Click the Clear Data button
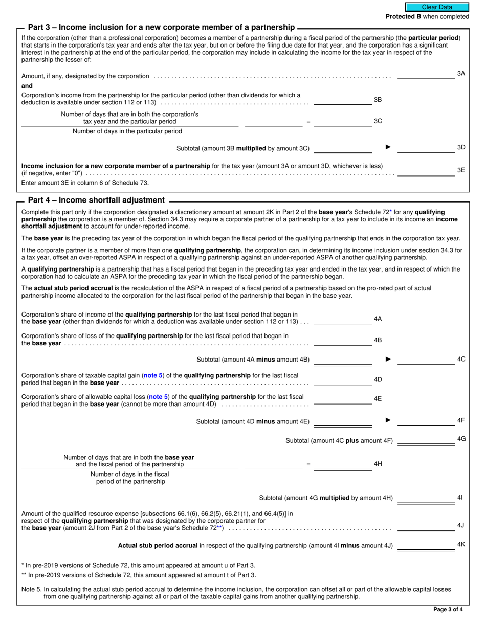point(437,7)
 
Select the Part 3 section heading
point(161,27)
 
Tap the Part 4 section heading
point(96,200)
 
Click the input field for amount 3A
point(426,75)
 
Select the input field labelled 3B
point(342,100)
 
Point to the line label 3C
point(378,121)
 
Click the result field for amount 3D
point(426,148)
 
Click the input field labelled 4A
point(342,319)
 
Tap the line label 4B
point(378,340)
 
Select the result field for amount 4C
point(426,360)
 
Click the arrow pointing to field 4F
point(388,420)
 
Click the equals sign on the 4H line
point(308,464)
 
